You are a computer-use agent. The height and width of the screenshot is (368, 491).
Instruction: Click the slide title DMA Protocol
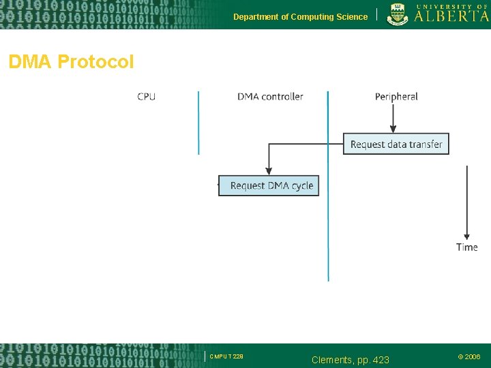(x=71, y=63)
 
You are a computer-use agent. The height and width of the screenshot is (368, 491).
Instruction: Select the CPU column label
(x=146, y=97)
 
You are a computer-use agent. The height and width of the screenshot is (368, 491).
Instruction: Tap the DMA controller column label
(x=270, y=97)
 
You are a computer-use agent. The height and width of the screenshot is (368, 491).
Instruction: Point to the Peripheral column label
(x=396, y=97)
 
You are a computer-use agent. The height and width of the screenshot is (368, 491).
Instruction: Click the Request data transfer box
(x=396, y=144)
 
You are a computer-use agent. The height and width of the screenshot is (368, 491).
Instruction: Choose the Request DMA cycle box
(x=269, y=185)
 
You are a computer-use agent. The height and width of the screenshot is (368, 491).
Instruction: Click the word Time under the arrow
(x=467, y=247)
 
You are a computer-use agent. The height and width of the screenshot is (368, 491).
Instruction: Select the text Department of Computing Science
(x=300, y=17)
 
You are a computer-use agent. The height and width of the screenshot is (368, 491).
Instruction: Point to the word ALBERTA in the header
(x=451, y=16)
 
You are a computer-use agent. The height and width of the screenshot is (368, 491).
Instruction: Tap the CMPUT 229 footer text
(x=226, y=356)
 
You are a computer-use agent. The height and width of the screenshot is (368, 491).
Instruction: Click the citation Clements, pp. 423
(x=350, y=359)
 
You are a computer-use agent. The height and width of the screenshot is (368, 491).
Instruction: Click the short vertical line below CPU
(x=198, y=123)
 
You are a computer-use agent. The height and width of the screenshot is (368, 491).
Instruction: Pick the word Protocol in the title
(x=96, y=63)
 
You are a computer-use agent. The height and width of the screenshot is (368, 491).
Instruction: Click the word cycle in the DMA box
(x=301, y=185)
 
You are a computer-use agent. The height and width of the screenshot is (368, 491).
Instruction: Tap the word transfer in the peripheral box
(x=426, y=144)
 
